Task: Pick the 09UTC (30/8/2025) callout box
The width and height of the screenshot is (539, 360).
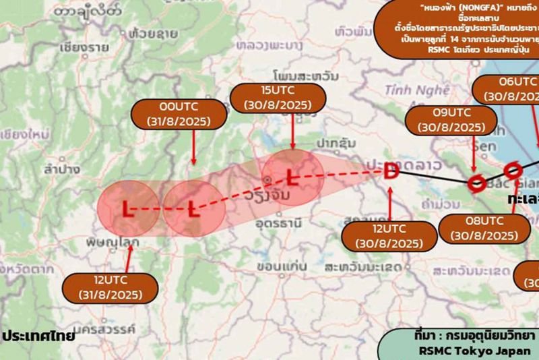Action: click(x=451, y=119)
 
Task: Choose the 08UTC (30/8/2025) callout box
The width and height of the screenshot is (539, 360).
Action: click(x=483, y=229)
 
